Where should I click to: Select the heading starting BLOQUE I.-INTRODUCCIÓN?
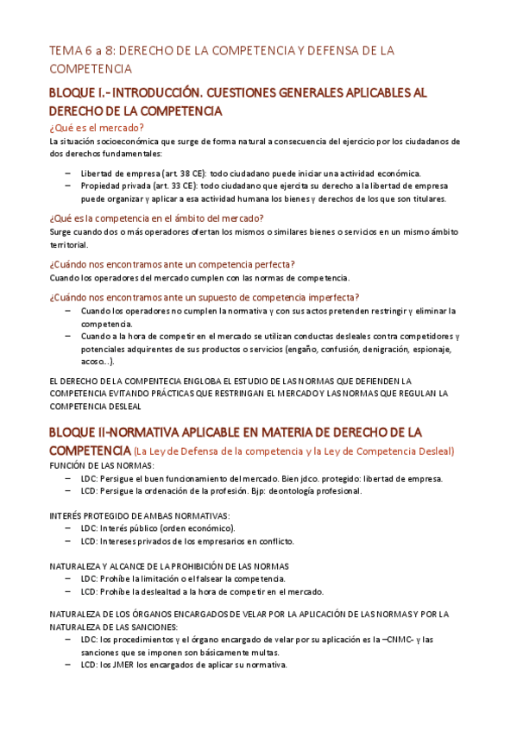(237, 92)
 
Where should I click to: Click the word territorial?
(69, 245)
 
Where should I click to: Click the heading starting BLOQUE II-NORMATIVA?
(235, 431)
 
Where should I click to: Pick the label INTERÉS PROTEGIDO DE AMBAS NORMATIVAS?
(140, 515)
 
